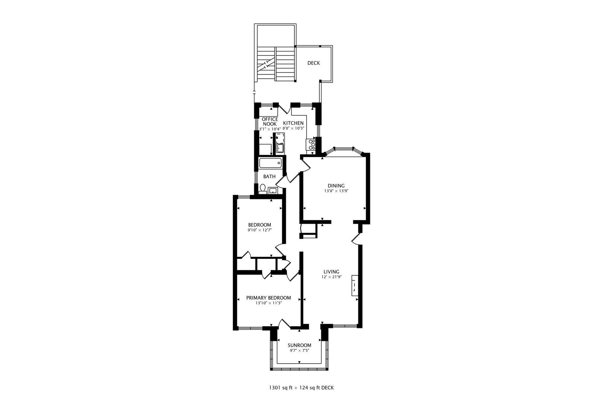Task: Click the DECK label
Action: pyautogui.click(x=313, y=63)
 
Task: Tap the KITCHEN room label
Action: pyautogui.click(x=293, y=123)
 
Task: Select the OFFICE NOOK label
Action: pyautogui.click(x=270, y=121)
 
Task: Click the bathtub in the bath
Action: pyautogui.click(x=271, y=163)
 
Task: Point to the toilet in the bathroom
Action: pyautogui.click(x=262, y=189)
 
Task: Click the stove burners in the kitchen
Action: pyautogui.click(x=311, y=144)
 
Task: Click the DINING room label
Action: pyautogui.click(x=336, y=186)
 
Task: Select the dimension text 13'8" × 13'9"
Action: pyautogui.click(x=336, y=191)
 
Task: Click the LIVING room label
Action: pyautogui.click(x=331, y=272)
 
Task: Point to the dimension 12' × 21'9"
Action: pyautogui.click(x=332, y=277)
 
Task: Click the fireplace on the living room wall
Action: pyautogui.click(x=355, y=286)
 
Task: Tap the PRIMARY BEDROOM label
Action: pyautogui.click(x=268, y=298)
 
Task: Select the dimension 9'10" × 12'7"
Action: pyautogui.click(x=259, y=230)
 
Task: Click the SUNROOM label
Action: pyautogui.click(x=299, y=345)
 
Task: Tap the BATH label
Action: pyautogui.click(x=269, y=176)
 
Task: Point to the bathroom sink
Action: pyautogui.click(x=273, y=191)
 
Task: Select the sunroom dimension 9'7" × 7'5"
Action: pyautogui.click(x=300, y=351)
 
